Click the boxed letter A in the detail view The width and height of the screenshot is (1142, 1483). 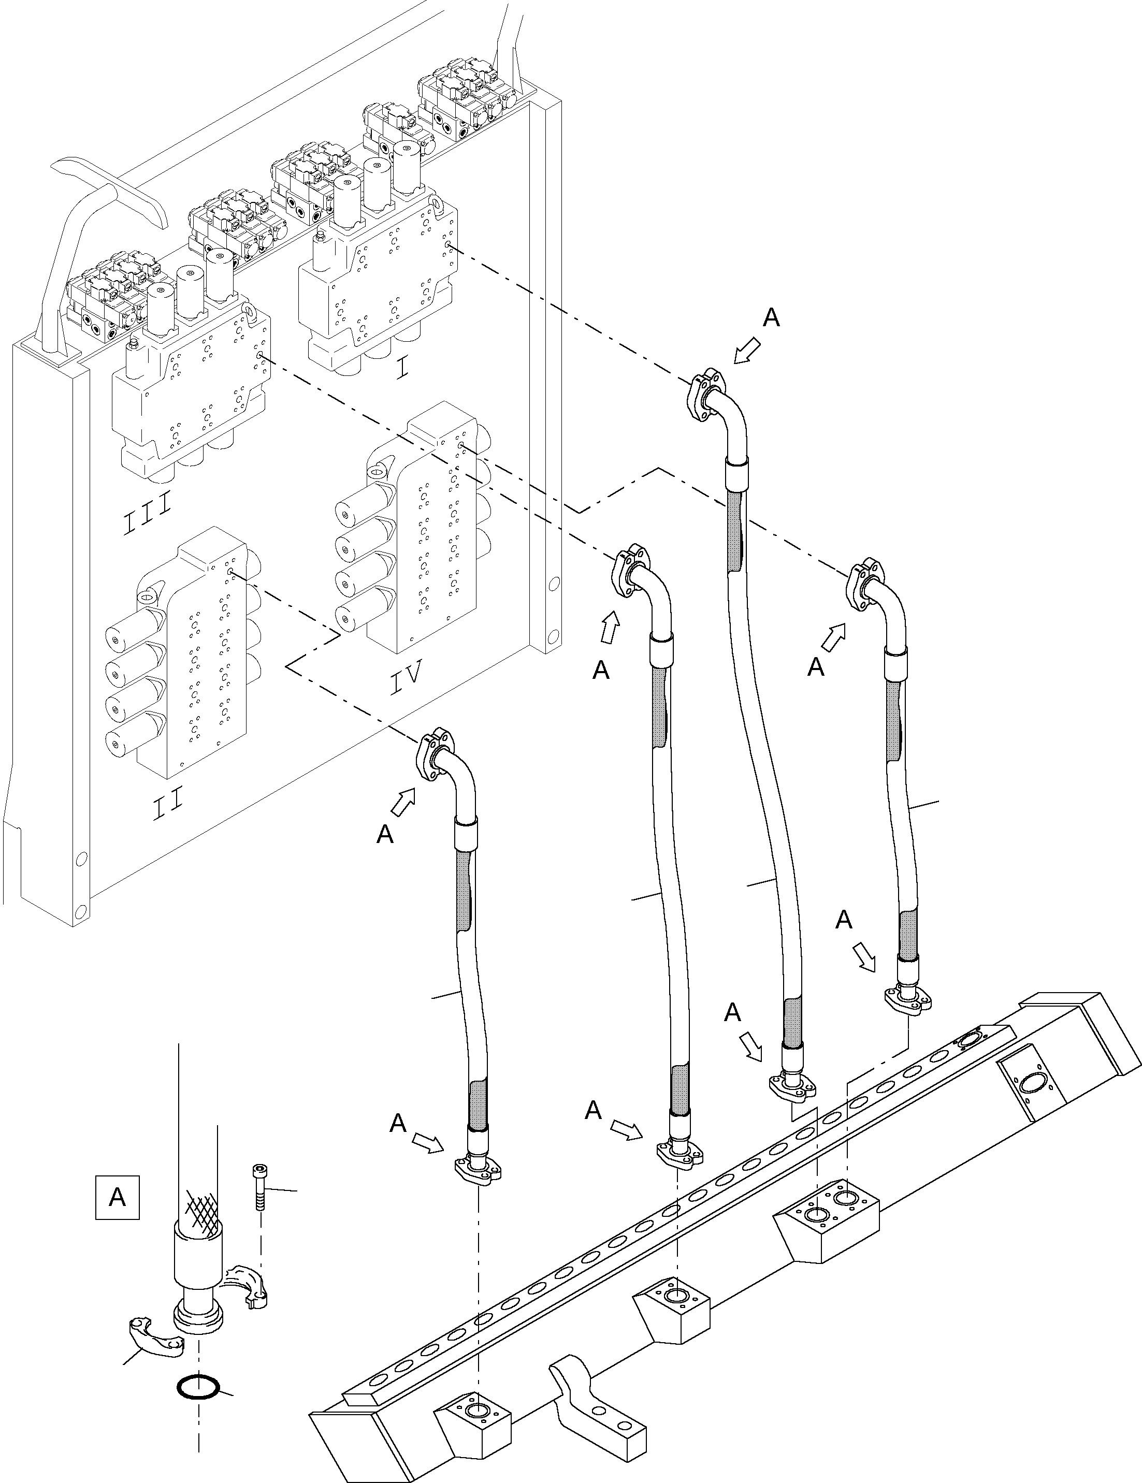click(x=117, y=1197)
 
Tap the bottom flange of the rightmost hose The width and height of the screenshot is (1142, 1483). click(x=907, y=1000)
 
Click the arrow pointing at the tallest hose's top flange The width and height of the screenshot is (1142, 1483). click(x=747, y=351)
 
